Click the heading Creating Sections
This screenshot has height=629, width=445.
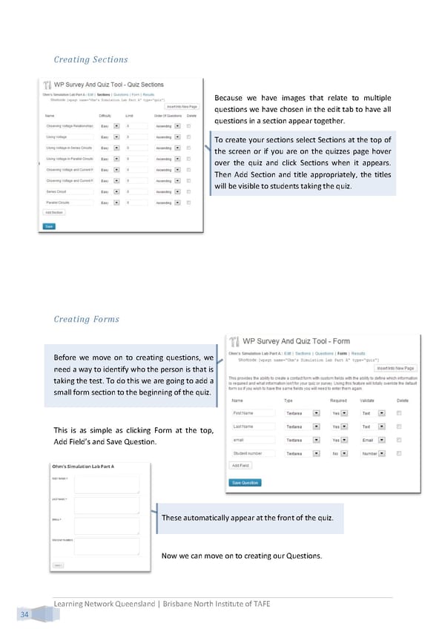click(x=90, y=59)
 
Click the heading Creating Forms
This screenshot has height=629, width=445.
click(x=86, y=320)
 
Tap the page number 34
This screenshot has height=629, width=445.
click(x=25, y=615)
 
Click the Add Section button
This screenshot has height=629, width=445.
click(x=54, y=212)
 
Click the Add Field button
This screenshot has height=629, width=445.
click(x=240, y=466)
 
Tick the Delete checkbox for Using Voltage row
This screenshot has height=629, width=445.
click(x=188, y=137)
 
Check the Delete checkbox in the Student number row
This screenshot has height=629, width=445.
click(x=399, y=452)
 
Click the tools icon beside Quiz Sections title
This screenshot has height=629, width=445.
click(x=47, y=84)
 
